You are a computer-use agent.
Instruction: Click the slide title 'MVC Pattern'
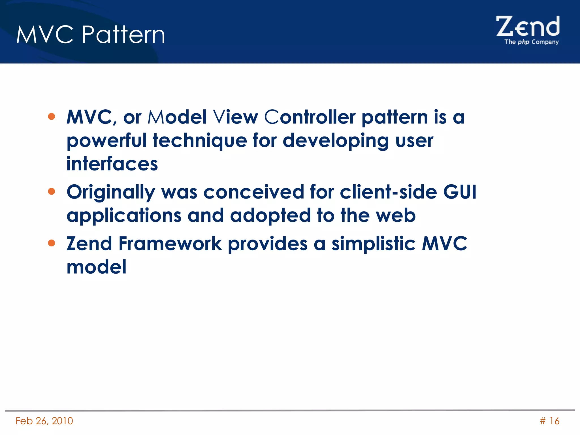coord(91,35)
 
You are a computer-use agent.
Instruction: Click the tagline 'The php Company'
coord(531,42)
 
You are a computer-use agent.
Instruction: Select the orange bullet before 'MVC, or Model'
coord(52,116)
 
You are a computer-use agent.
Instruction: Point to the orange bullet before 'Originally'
coord(52,191)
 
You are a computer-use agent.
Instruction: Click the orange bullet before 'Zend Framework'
coord(52,243)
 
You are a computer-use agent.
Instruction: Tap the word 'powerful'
coord(106,141)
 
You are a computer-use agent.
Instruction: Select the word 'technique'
coord(200,141)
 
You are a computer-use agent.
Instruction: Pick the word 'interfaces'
coord(112,164)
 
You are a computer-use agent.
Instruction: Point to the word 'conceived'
coord(253,192)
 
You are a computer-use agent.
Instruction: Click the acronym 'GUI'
coord(460,192)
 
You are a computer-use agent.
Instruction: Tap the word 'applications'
coord(124,216)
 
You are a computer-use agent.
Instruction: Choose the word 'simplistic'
coord(374,244)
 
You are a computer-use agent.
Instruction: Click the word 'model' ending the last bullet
coord(96,267)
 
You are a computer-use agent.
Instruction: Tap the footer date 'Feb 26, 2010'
coord(44,421)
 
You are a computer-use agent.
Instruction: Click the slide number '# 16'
coord(549,421)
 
